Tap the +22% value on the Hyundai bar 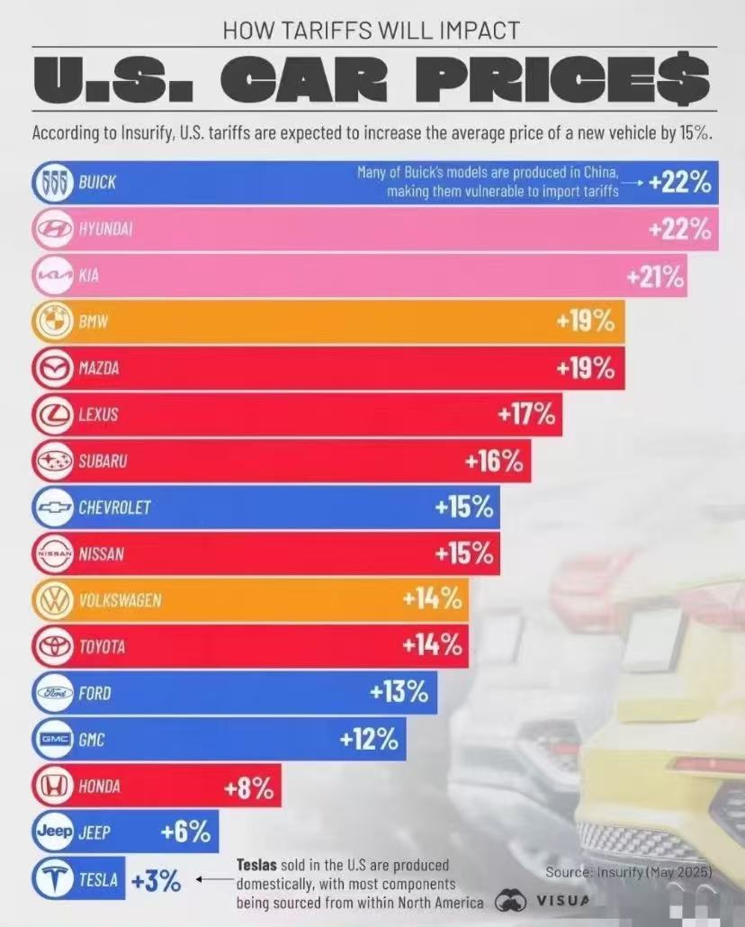point(679,229)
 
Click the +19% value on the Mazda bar point(586,368)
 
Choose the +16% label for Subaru point(494,461)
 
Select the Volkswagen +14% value point(432,599)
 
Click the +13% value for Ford point(399,693)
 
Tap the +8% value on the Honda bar point(249,788)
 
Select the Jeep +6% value point(185,832)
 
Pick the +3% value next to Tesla point(155,881)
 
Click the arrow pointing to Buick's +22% point(633,183)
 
